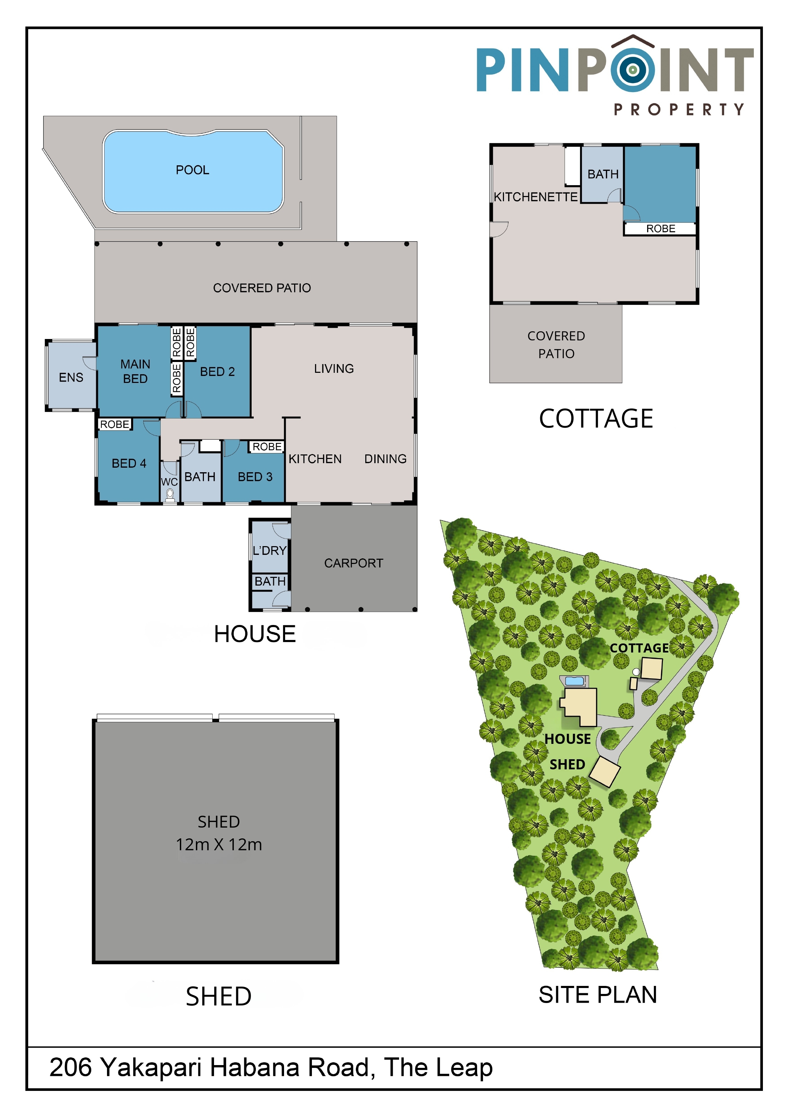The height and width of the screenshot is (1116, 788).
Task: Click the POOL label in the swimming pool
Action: tap(192, 170)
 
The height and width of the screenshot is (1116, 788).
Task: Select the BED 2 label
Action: tap(217, 372)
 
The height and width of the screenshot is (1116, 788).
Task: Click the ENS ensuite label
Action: tap(71, 378)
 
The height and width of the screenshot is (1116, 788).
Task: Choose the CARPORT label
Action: tap(354, 563)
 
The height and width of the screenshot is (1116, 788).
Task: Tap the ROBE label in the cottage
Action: tap(661, 229)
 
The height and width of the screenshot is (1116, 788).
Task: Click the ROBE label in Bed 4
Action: tap(115, 424)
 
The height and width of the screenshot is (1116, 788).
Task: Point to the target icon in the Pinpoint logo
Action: tap(633, 69)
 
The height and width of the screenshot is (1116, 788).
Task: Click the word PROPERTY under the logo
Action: tap(679, 110)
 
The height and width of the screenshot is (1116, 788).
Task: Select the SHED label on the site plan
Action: tap(567, 764)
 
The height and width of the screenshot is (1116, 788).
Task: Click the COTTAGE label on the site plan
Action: tap(639, 648)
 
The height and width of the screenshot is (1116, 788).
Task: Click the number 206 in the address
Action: tap(71, 1068)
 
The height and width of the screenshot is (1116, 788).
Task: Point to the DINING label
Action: tap(385, 459)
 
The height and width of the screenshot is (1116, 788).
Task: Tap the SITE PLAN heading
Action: tap(598, 995)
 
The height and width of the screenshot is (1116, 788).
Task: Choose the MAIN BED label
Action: tap(135, 371)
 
